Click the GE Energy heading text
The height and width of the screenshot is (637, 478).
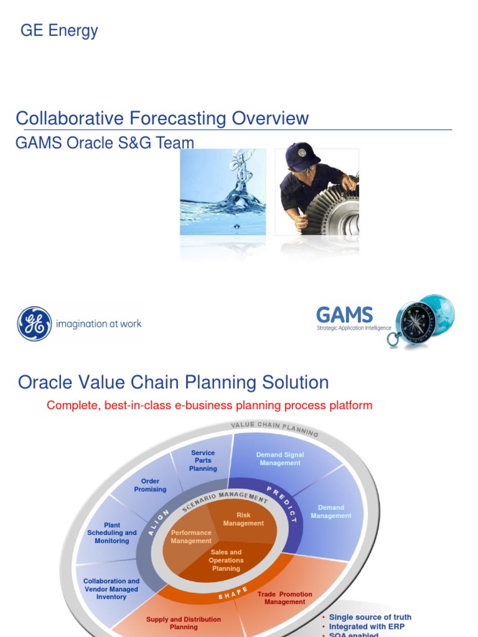(59, 30)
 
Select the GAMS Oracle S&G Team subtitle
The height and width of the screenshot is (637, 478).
(105, 143)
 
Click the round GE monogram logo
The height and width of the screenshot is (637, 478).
(34, 323)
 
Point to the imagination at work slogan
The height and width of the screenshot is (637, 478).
(98, 323)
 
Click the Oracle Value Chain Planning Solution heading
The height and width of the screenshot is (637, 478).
(173, 382)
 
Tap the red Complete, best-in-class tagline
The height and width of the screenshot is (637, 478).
(209, 406)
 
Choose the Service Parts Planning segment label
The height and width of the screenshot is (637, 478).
(203, 461)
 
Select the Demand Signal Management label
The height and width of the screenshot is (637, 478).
(280, 459)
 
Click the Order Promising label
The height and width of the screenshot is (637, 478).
(150, 485)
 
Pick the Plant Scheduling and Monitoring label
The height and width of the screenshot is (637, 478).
(112, 533)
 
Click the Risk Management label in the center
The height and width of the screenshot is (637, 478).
(243, 519)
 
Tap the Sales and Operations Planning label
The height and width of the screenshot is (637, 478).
(226, 560)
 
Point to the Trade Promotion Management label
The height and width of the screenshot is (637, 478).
(284, 598)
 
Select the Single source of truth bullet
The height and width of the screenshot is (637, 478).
(370, 617)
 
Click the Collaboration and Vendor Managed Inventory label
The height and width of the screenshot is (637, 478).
(111, 589)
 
